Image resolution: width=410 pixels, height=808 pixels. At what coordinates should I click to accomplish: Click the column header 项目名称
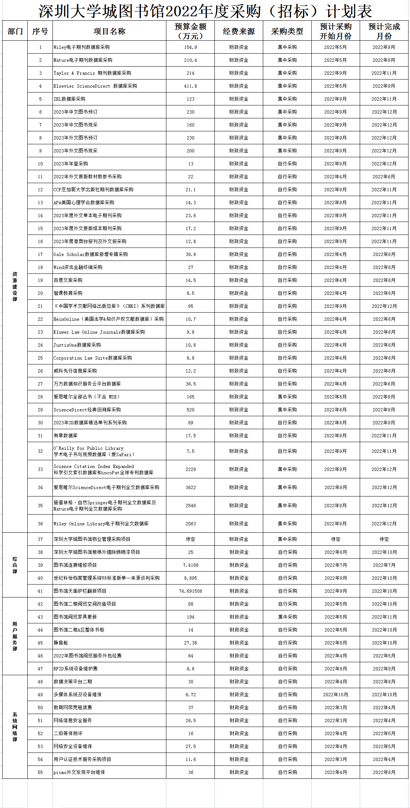coord(109,31)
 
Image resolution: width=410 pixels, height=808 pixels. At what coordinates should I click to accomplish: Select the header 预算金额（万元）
coord(190,31)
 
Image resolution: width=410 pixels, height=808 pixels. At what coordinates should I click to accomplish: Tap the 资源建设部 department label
coord(15,286)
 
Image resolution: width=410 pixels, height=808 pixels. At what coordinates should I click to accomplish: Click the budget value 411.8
coord(190,86)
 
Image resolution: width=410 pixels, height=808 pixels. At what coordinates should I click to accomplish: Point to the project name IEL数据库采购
coord(70,99)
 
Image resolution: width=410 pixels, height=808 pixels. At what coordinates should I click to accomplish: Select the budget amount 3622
coord(190,488)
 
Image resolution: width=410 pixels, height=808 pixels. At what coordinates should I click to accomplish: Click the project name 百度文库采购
coord(68,280)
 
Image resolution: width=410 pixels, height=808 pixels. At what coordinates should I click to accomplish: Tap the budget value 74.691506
coord(190,591)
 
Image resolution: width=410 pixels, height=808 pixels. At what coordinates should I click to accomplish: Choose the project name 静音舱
coord(61,643)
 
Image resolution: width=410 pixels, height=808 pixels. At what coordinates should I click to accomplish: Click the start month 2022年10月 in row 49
coord(335,695)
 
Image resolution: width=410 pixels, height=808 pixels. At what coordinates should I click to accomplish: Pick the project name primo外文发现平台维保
coord(79,772)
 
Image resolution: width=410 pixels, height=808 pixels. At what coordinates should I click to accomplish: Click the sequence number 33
coord(40,469)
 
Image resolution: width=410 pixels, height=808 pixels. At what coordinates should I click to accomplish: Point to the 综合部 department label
coord(15,565)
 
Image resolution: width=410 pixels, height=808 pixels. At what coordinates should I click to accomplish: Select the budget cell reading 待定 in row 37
coord(190,539)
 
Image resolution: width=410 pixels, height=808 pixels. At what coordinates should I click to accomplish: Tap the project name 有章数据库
coord(65,436)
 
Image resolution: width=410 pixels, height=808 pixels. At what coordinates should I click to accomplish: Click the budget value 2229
coord(190,469)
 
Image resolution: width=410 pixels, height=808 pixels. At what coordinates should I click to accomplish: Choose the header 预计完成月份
coord(384,31)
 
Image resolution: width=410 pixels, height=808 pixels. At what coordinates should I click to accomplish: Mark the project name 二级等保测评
coord(68,734)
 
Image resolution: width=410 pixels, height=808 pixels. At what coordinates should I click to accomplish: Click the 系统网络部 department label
coord(15,727)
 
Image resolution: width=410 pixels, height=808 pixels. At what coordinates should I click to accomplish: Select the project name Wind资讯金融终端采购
coord(78,267)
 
